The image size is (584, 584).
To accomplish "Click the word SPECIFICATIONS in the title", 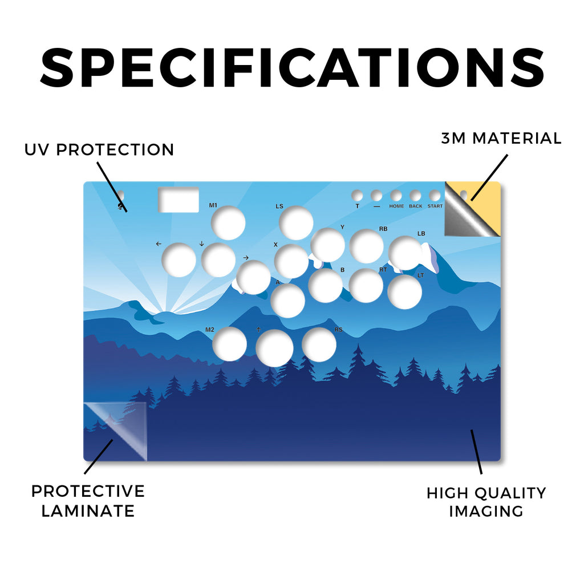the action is (x=293, y=68).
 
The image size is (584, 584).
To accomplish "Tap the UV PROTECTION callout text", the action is (x=99, y=150).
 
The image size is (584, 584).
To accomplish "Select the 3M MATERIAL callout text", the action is (x=501, y=138).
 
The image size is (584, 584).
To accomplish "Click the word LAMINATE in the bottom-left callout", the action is (x=88, y=510).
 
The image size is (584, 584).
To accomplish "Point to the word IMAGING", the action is (x=486, y=511).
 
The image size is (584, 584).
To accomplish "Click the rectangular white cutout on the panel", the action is (x=179, y=199).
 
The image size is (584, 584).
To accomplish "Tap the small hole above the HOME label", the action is (x=396, y=196).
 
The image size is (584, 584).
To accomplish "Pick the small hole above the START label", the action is (x=435, y=196).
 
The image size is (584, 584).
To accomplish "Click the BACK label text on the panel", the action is (x=416, y=206).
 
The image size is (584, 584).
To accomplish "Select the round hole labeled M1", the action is (x=228, y=223).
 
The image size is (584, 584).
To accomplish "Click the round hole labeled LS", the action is (x=296, y=223).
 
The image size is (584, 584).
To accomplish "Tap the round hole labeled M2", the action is (x=229, y=344).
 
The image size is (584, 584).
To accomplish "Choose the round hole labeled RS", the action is (x=319, y=344).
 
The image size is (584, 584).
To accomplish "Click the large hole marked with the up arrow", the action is (x=274, y=348).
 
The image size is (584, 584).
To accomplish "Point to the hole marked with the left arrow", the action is (x=179, y=260).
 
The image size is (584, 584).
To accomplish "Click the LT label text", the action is (x=420, y=275).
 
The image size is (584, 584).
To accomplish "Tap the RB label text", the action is (x=383, y=229).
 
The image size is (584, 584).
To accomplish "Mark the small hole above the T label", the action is (x=357, y=196).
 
